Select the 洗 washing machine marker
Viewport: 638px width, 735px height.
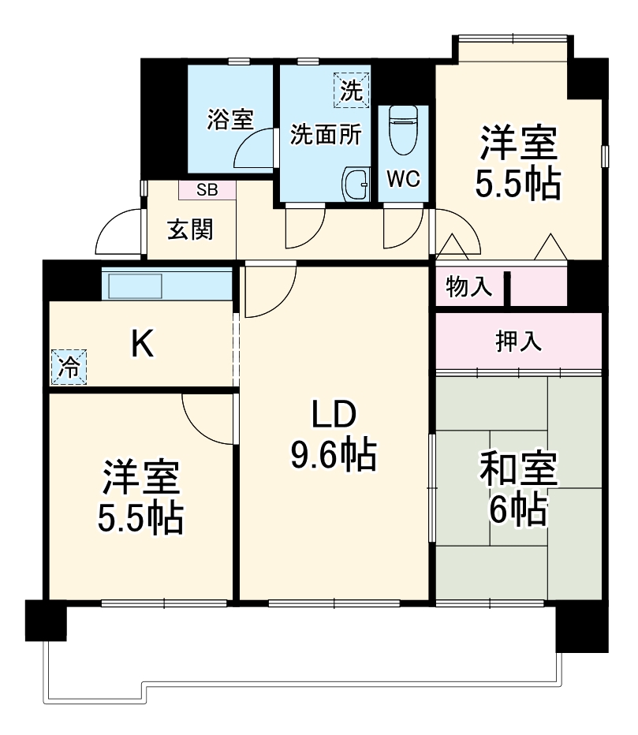pos(350,88)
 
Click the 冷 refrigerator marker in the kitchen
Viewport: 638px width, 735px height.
pos(69,366)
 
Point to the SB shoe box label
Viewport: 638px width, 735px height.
pos(207,189)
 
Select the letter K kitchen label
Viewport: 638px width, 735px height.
pos(142,344)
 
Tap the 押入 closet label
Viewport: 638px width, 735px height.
pos(518,341)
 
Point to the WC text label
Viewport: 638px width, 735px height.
pos(402,179)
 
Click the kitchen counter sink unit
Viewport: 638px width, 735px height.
pos(135,285)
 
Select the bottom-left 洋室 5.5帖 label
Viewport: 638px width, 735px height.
pos(140,497)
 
